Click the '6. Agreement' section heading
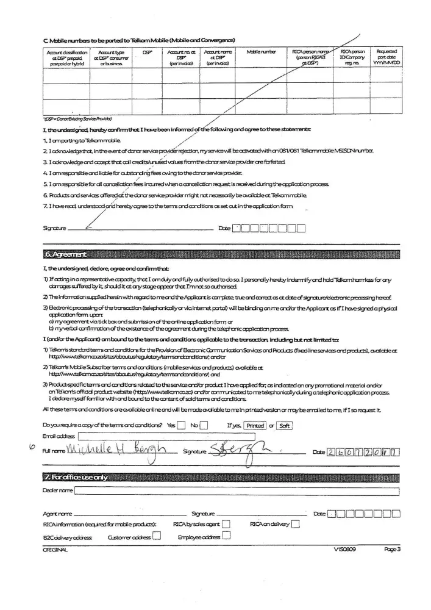tap(64, 254)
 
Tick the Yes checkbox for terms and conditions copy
tap(181, 426)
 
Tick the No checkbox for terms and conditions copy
tap(204, 426)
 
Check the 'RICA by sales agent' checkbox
tap(226, 524)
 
